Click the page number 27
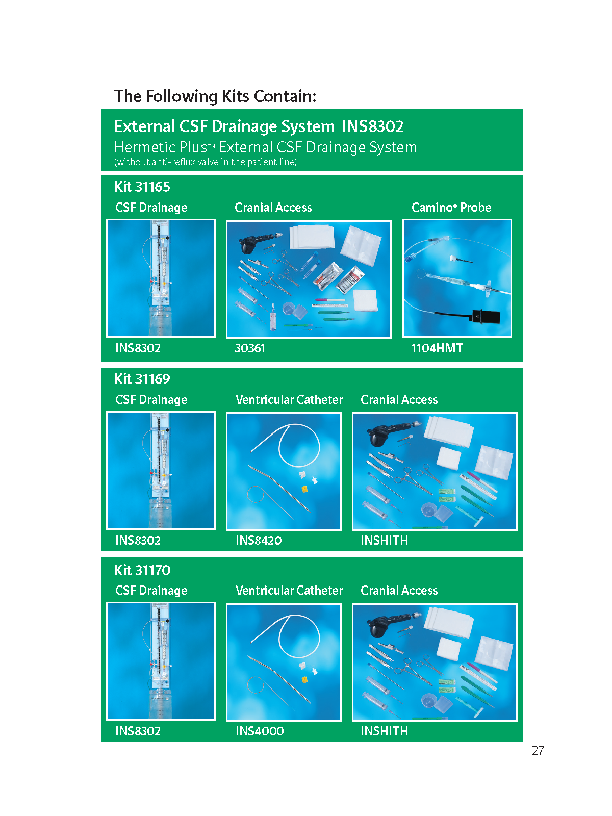click(x=538, y=751)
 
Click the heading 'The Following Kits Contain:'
click(x=215, y=97)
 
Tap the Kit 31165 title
click(x=142, y=187)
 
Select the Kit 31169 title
click(x=142, y=379)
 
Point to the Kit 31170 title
click(x=142, y=570)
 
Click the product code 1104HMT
click(x=437, y=348)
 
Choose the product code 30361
click(x=250, y=348)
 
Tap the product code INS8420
click(x=259, y=540)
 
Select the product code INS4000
click(x=260, y=731)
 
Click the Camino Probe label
click(x=451, y=208)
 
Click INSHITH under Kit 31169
click(x=384, y=540)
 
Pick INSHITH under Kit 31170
click(x=384, y=731)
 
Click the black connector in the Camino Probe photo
click(x=486, y=316)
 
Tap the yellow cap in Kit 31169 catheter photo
click(x=304, y=489)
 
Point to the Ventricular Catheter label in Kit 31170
click(x=289, y=591)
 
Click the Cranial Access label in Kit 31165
click(x=273, y=208)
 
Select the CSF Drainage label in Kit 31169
click(x=151, y=400)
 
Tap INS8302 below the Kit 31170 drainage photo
click(x=138, y=731)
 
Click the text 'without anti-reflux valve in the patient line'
click(x=206, y=162)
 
